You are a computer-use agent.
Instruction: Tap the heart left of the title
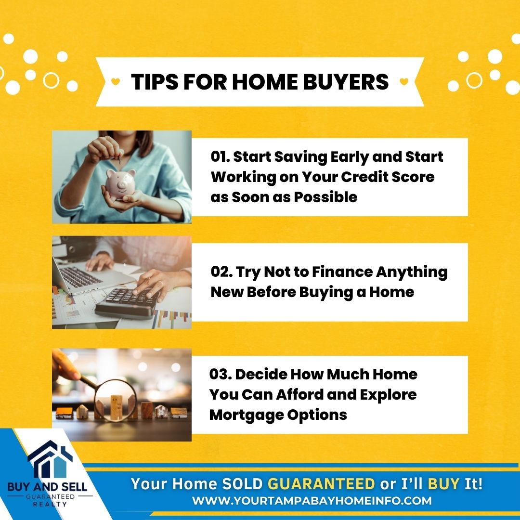[x=116, y=81]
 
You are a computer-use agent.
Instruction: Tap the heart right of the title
[x=404, y=81]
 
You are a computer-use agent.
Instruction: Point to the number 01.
[x=220, y=156]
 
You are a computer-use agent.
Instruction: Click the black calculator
[x=128, y=302]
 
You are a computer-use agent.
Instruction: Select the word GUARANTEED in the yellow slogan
[x=321, y=484]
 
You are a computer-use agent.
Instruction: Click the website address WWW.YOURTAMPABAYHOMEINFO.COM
[x=312, y=501]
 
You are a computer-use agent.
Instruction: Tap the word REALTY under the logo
[x=50, y=505]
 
